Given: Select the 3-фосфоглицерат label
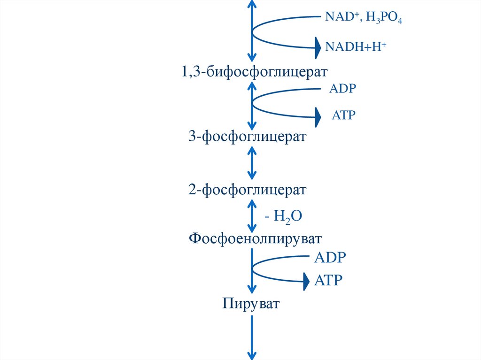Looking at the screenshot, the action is pos(248,137).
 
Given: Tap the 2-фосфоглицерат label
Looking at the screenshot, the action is pos(248,190).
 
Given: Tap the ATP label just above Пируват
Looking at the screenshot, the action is pos(328,281).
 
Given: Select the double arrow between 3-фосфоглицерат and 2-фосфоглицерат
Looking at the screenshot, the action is pos(252,163).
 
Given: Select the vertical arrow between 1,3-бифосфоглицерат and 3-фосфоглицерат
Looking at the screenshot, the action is pos(252,106).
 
